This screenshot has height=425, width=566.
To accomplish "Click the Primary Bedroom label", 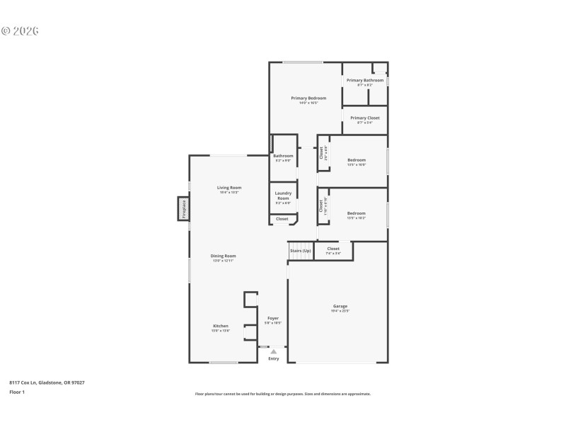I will point(308,98).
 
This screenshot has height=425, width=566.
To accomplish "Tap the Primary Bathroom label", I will point(365,80).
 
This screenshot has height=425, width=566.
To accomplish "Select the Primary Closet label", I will point(365,118).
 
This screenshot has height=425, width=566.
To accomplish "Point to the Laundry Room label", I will point(283,195).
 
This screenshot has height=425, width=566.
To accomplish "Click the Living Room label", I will point(229,188).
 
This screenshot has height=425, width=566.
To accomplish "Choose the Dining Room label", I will point(224,256).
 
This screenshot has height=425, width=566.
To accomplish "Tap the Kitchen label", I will point(221,326).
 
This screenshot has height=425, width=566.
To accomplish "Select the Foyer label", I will point(273,318).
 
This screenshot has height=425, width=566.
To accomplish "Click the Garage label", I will point(340,306).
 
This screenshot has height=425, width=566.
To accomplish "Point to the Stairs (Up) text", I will point(300,250).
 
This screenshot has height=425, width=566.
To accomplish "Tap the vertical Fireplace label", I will point(183,209).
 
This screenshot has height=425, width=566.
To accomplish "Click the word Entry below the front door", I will point(273,358).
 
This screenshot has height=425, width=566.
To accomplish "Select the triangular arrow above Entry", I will point(273,351).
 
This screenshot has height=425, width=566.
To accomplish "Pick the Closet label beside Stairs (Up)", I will point(333,249).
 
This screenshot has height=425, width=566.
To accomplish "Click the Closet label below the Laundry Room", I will point(282,219).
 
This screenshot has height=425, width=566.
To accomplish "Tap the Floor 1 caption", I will point(17,392).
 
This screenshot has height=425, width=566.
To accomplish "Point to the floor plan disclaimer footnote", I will point(283,394).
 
